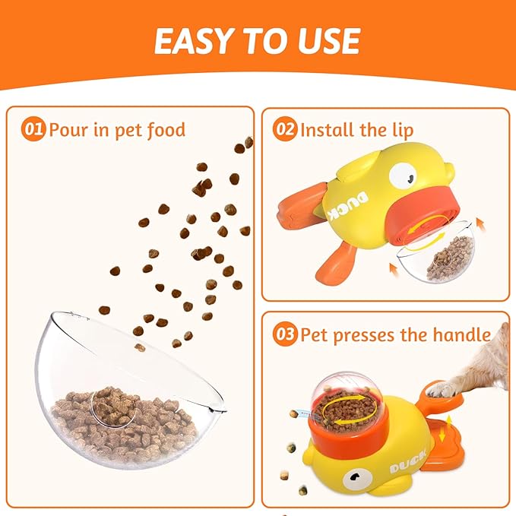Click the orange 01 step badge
[x=33, y=130]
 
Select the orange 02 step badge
[x=285, y=129]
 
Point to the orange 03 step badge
[x=285, y=334]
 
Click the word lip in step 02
[x=403, y=130]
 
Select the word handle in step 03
[x=461, y=334]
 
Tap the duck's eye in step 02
[x=404, y=176]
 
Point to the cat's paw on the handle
[x=442, y=389]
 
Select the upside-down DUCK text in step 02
[x=349, y=205]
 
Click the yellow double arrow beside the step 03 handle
[x=442, y=429]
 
